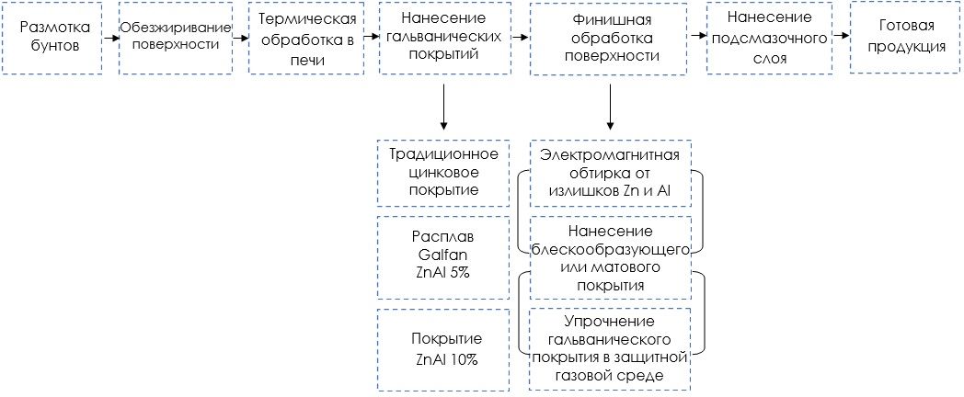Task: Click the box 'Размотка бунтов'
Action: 52,38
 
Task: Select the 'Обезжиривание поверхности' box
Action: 175,38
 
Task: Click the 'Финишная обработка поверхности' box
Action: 609,38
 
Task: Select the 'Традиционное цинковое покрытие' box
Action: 443,172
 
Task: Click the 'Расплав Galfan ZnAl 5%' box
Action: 443,256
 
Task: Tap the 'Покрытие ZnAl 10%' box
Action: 443,349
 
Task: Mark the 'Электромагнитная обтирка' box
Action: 611,172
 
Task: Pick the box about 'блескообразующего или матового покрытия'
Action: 611,256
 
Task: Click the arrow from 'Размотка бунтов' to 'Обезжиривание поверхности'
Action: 110,38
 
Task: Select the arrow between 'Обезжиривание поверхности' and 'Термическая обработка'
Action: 240,38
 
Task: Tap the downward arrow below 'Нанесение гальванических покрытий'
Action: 443,106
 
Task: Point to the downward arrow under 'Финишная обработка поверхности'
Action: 610,106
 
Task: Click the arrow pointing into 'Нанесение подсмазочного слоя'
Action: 698,38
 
